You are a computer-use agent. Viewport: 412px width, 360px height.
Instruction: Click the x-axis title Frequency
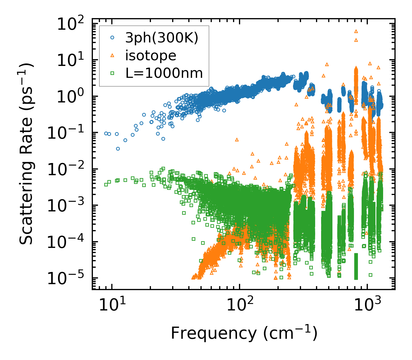244,333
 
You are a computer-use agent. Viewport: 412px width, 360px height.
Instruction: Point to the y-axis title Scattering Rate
26,154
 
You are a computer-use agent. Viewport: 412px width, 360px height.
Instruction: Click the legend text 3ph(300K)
162,38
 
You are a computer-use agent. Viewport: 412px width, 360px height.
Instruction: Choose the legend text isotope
151,56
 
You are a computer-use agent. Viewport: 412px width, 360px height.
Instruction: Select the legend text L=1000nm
164,74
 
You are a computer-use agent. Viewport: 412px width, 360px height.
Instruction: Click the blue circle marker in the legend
112,37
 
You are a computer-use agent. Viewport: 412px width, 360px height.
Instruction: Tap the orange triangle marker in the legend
112,55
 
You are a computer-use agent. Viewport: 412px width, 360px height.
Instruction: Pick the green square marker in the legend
112,73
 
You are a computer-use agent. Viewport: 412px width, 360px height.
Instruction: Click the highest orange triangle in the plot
356,31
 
